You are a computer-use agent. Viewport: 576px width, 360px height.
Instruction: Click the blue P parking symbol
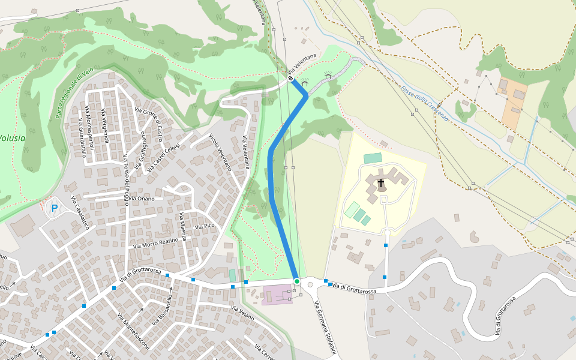55,208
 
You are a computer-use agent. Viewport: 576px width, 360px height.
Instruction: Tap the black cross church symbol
380,182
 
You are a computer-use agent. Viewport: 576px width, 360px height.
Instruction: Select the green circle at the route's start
296,281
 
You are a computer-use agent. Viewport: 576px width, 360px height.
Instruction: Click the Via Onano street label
142,199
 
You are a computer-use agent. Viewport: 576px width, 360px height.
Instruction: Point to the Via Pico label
205,226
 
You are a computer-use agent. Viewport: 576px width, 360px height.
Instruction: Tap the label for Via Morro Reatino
156,242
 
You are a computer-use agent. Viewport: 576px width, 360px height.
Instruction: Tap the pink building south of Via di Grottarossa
276,294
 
